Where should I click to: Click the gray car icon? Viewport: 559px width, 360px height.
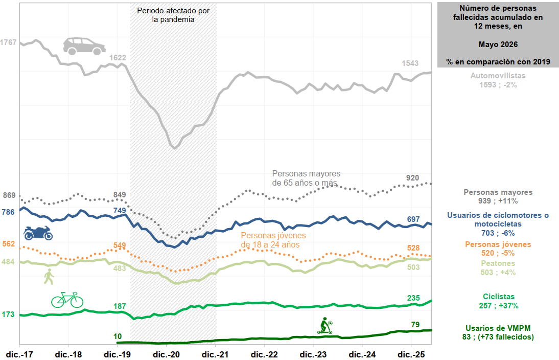[84, 46]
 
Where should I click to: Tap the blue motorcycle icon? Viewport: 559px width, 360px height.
[38, 233]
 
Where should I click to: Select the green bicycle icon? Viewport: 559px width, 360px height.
[67, 300]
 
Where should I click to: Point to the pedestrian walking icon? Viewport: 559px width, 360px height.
[49, 277]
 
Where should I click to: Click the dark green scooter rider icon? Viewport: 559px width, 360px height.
[325, 325]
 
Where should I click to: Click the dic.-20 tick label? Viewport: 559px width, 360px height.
[166, 355]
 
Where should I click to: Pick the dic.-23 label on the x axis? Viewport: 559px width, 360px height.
[313, 355]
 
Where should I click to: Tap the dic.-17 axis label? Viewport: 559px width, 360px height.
[19, 355]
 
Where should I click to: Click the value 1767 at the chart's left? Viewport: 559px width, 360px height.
[8, 42]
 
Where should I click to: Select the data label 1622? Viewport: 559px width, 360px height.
[118, 58]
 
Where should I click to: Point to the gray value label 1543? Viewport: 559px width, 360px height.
[410, 63]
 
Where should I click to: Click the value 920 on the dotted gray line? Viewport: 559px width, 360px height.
[412, 178]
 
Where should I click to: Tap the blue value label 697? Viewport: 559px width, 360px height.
[413, 219]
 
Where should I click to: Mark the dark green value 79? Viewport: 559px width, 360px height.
[415, 325]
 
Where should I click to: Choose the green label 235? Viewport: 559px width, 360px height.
[413, 298]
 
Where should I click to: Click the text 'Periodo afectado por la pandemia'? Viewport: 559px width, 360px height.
[173, 15]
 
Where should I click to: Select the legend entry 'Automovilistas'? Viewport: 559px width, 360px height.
[498, 76]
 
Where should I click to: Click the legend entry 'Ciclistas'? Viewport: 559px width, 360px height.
[499, 297]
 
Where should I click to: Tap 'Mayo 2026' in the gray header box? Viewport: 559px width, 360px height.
[498, 44]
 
